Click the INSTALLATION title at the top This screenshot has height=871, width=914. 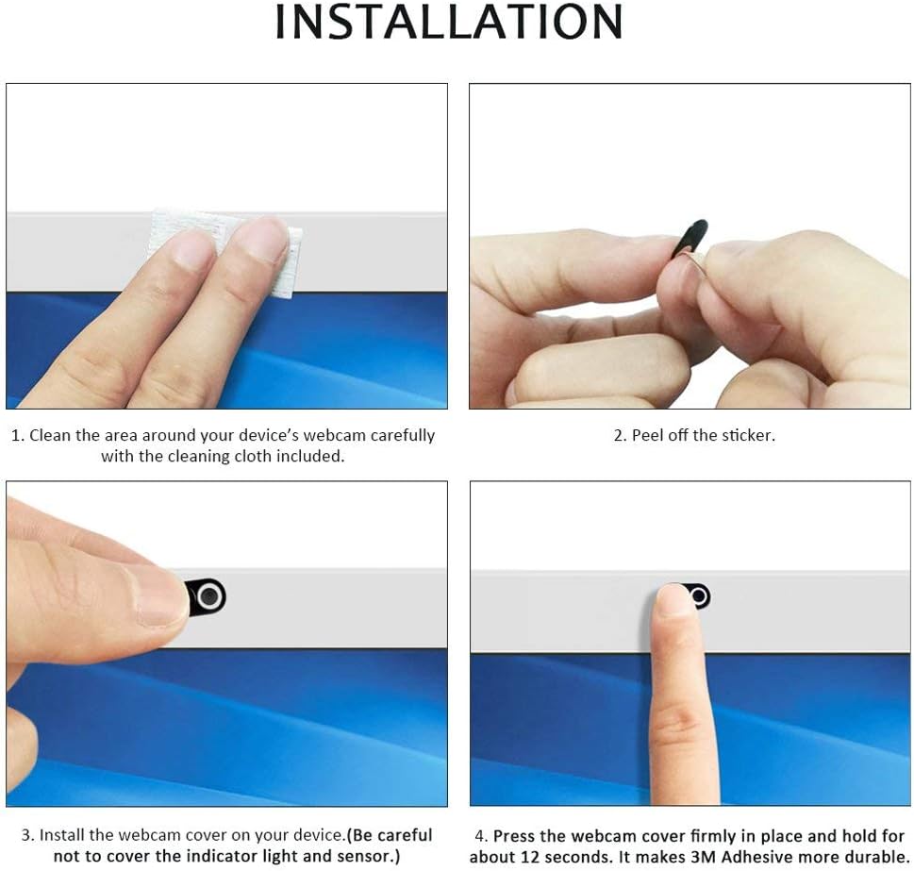tap(448, 22)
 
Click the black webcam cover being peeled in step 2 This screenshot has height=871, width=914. tap(690, 238)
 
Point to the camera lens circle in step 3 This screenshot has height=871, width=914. tap(209, 596)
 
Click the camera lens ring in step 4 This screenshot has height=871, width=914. tap(699, 596)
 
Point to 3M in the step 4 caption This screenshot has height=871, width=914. tap(704, 857)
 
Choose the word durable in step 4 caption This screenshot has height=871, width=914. tap(878, 857)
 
